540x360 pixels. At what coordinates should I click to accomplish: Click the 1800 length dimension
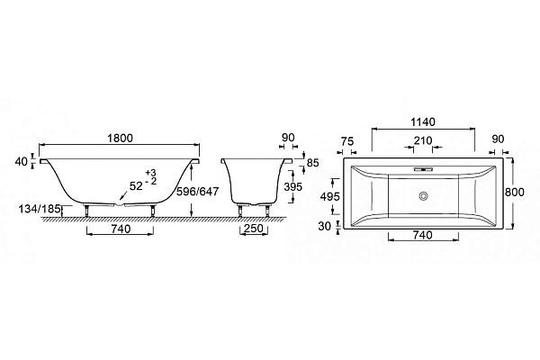coord(120,138)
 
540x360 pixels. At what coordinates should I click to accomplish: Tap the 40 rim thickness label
coord(22,161)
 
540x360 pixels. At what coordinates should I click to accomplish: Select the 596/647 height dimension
coord(198,191)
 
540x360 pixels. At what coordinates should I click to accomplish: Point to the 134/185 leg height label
coord(40,209)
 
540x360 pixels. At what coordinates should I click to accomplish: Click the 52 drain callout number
coord(136,186)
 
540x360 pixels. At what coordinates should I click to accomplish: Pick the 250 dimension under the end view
coord(254,228)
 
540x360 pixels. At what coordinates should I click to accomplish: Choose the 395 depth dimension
coord(292,186)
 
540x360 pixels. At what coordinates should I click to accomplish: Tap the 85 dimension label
coord(312,163)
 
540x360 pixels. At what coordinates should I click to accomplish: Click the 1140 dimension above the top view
coord(423,122)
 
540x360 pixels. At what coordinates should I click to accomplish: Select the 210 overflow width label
coord(423,140)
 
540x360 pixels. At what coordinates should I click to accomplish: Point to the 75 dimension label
coord(347,141)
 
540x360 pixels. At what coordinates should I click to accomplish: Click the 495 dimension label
coord(330,197)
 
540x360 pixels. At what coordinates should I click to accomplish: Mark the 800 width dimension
coord(515,192)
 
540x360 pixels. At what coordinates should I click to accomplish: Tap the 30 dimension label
coord(324,226)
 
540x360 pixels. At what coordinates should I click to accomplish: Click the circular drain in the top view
coord(423,196)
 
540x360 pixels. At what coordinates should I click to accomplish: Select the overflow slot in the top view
coord(423,169)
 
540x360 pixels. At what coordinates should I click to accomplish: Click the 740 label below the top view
coord(422,235)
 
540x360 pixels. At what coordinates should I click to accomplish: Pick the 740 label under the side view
coord(121,229)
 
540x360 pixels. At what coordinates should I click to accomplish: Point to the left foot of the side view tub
coord(86,210)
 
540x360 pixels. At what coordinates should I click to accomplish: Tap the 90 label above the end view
coord(288,138)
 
